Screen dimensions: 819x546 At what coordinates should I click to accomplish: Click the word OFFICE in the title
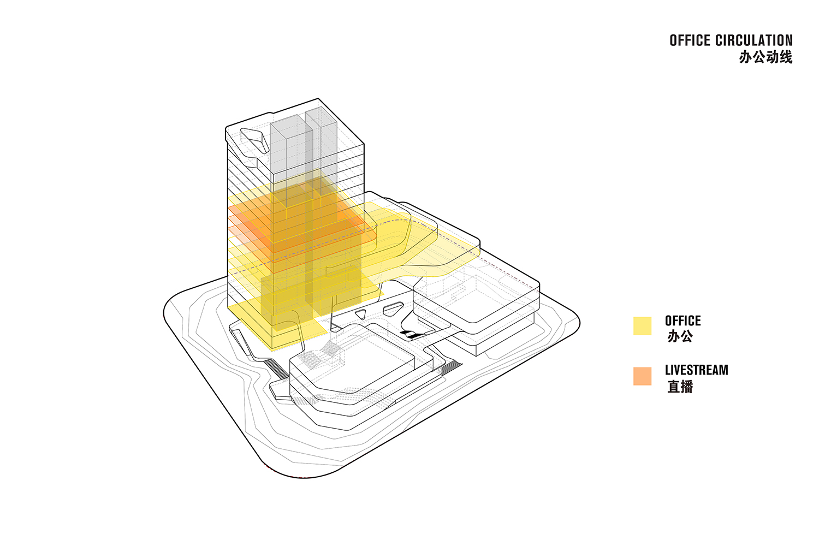[x=689, y=40]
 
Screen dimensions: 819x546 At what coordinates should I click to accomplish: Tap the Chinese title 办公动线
[x=765, y=57]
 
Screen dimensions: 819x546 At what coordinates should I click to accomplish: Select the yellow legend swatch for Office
[x=643, y=325]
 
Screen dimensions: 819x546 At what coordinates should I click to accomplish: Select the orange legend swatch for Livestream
[x=643, y=376]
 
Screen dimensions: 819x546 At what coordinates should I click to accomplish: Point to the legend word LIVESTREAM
[x=697, y=370]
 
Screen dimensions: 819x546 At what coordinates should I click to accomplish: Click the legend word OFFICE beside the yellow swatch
[x=683, y=321]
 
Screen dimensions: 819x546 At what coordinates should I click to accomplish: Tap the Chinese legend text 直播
[x=680, y=387]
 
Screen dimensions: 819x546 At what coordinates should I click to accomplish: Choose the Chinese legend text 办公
[x=680, y=336]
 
